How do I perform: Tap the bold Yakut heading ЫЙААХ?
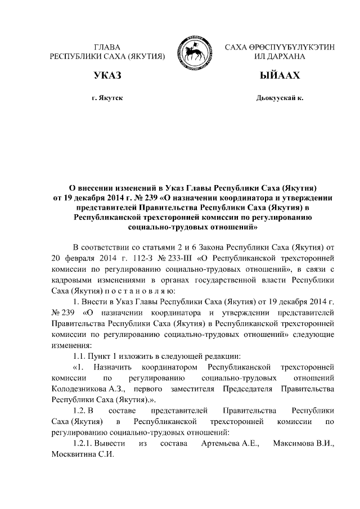pos(280,75)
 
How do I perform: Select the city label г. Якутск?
pos(107,98)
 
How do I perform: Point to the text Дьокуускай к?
pos(280,98)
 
